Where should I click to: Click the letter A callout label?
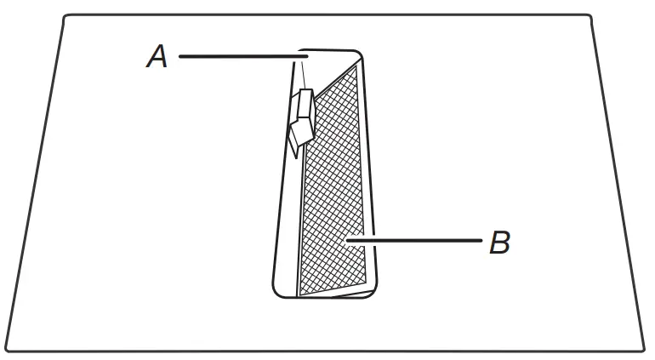[x=157, y=57]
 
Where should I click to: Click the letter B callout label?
[x=499, y=243]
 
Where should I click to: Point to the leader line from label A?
[x=238, y=57]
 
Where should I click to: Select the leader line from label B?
[x=417, y=242]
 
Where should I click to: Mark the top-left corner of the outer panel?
[x=65, y=17]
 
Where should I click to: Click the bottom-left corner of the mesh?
[x=300, y=296]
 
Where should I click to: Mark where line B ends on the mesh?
[x=347, y=242]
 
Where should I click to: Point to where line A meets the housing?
[x=303, y=57]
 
